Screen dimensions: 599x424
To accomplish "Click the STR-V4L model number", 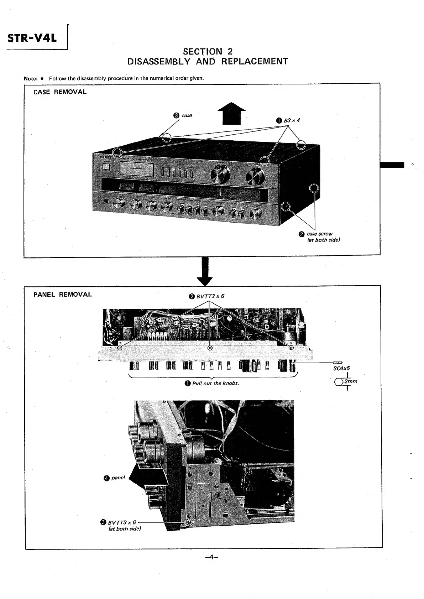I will pos(32,37).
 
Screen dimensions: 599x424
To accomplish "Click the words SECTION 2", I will pos(208,52).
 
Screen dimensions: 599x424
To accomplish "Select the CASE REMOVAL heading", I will pos(60,92).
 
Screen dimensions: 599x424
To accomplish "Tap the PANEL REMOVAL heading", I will pos(62,295).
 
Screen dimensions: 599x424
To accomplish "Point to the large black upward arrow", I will pos(231,113).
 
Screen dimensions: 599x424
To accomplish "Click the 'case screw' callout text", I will pos(319,234).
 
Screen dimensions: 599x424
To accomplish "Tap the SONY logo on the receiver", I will pos(106,157).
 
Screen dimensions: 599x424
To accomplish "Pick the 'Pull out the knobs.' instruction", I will pos(215,383).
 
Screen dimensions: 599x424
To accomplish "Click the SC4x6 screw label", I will pos(341,369).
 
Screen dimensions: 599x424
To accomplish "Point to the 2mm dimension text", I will pos(351,381).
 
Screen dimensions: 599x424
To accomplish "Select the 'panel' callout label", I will pos(118,478).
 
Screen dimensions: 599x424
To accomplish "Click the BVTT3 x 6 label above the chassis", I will pos(210,296).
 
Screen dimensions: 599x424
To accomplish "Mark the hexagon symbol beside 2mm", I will pos(339,382).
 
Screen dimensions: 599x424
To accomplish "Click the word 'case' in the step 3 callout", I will pos(187,115).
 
